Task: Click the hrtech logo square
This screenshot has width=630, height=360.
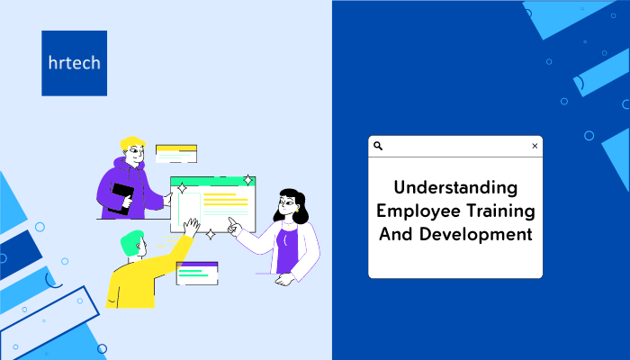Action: pyautogui.click(x=75, y=63)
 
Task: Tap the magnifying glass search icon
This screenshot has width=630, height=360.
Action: pyautogui.click(x=378, y=146)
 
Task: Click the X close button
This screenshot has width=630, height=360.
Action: pyautogui.click(x=535, y=146)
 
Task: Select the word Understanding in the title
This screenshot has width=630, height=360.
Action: pyautogui.click(x=455, y=187)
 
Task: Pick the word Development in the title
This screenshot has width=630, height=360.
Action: pyautogui.click(x=476, y=234)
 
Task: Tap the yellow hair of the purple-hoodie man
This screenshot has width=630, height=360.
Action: pyautogui.click(x=131, y=143)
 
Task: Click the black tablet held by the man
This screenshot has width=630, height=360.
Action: pyautogui.click(x=121, y=199)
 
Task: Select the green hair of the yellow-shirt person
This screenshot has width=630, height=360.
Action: pyautogui.click(x=131, y=241)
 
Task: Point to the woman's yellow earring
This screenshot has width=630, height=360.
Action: pyautogui.click(x=297, y=210)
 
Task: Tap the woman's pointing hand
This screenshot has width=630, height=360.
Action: pyautogui.click(x=234, y=226)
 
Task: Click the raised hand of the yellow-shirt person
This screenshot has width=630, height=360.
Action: pyautogui.click(x=192, y=227)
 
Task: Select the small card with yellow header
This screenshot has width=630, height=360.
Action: pyautogui.click(x=176, y=154)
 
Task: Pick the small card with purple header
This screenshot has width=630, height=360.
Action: pyautogui.click(x=197, y=274)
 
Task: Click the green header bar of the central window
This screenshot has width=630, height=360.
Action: pyautogui.click(x=213, y=181)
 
